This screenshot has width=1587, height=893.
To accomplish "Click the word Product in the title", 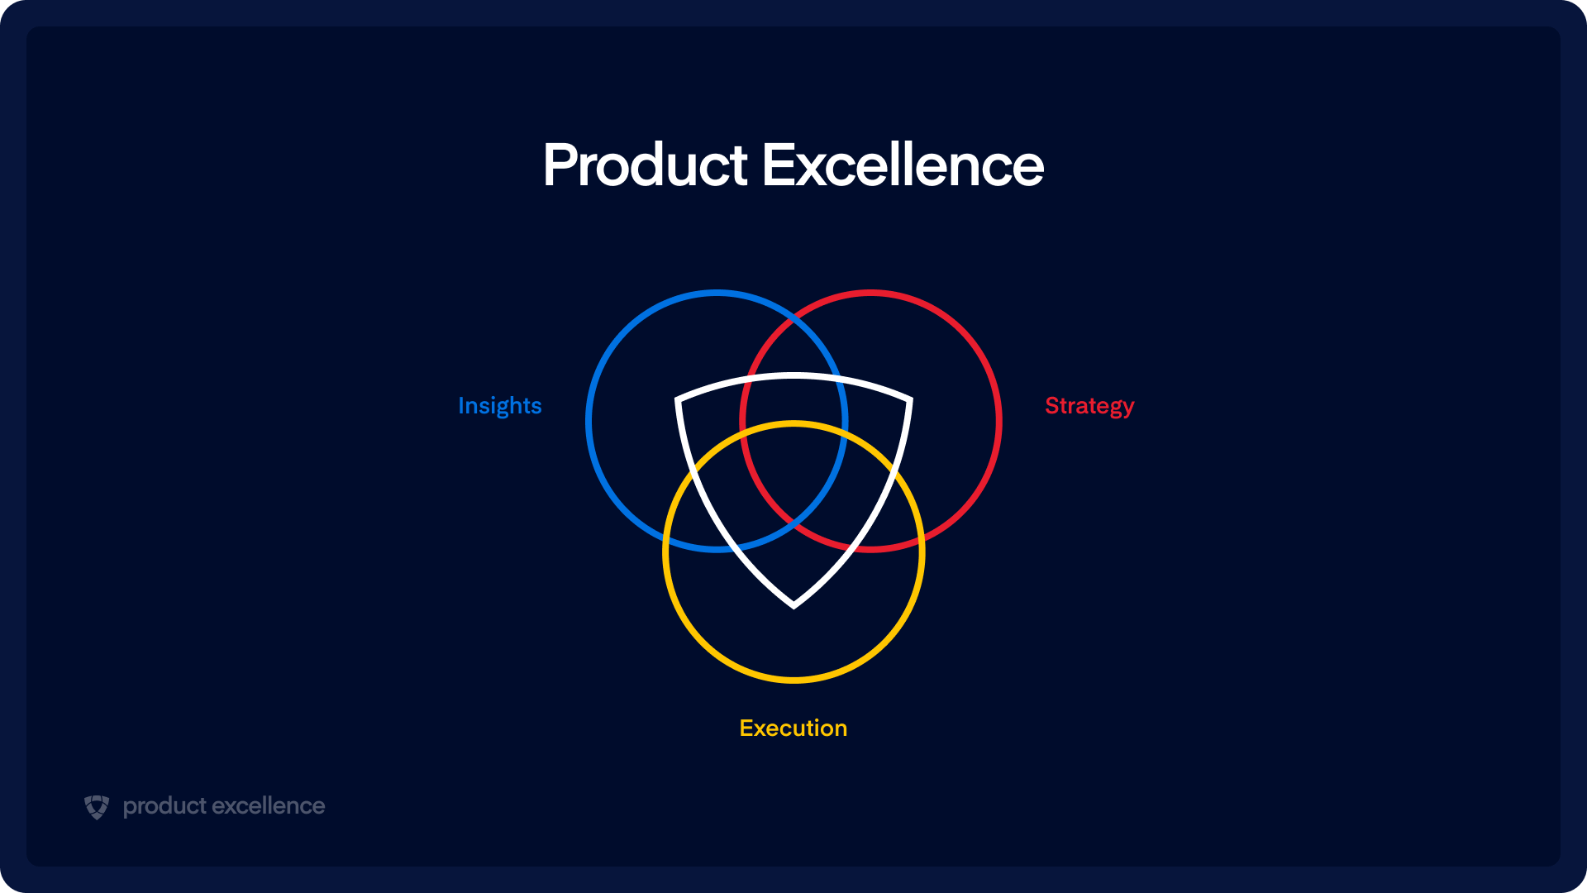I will pyautogui.click(x=646, y=165).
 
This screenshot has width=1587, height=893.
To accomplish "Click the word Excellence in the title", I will pyautogui.click(x=903, y=165).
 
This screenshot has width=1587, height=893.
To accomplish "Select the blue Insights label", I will pyautogui.click(x=499, y=405).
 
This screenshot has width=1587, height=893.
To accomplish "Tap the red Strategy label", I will pyautogui.click(x=1089, y=405).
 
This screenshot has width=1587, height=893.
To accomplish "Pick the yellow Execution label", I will pyautogui.click(x=793, y=728).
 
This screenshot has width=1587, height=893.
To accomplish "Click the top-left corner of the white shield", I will pyautogui.click(x=678, y=401).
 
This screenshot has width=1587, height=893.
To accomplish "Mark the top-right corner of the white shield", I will pyautogui.click(x=910, y=401).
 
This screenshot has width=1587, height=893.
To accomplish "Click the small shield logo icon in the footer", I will pyautogui.click(x=97, y=807).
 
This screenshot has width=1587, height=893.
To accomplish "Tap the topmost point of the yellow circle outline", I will pyautogui.click(x=793, y=423).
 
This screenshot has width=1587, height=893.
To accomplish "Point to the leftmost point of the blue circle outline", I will pyautogui.click(x=588, y=420).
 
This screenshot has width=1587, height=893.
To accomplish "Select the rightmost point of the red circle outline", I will pyautogui.click(x=999, y=420).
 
